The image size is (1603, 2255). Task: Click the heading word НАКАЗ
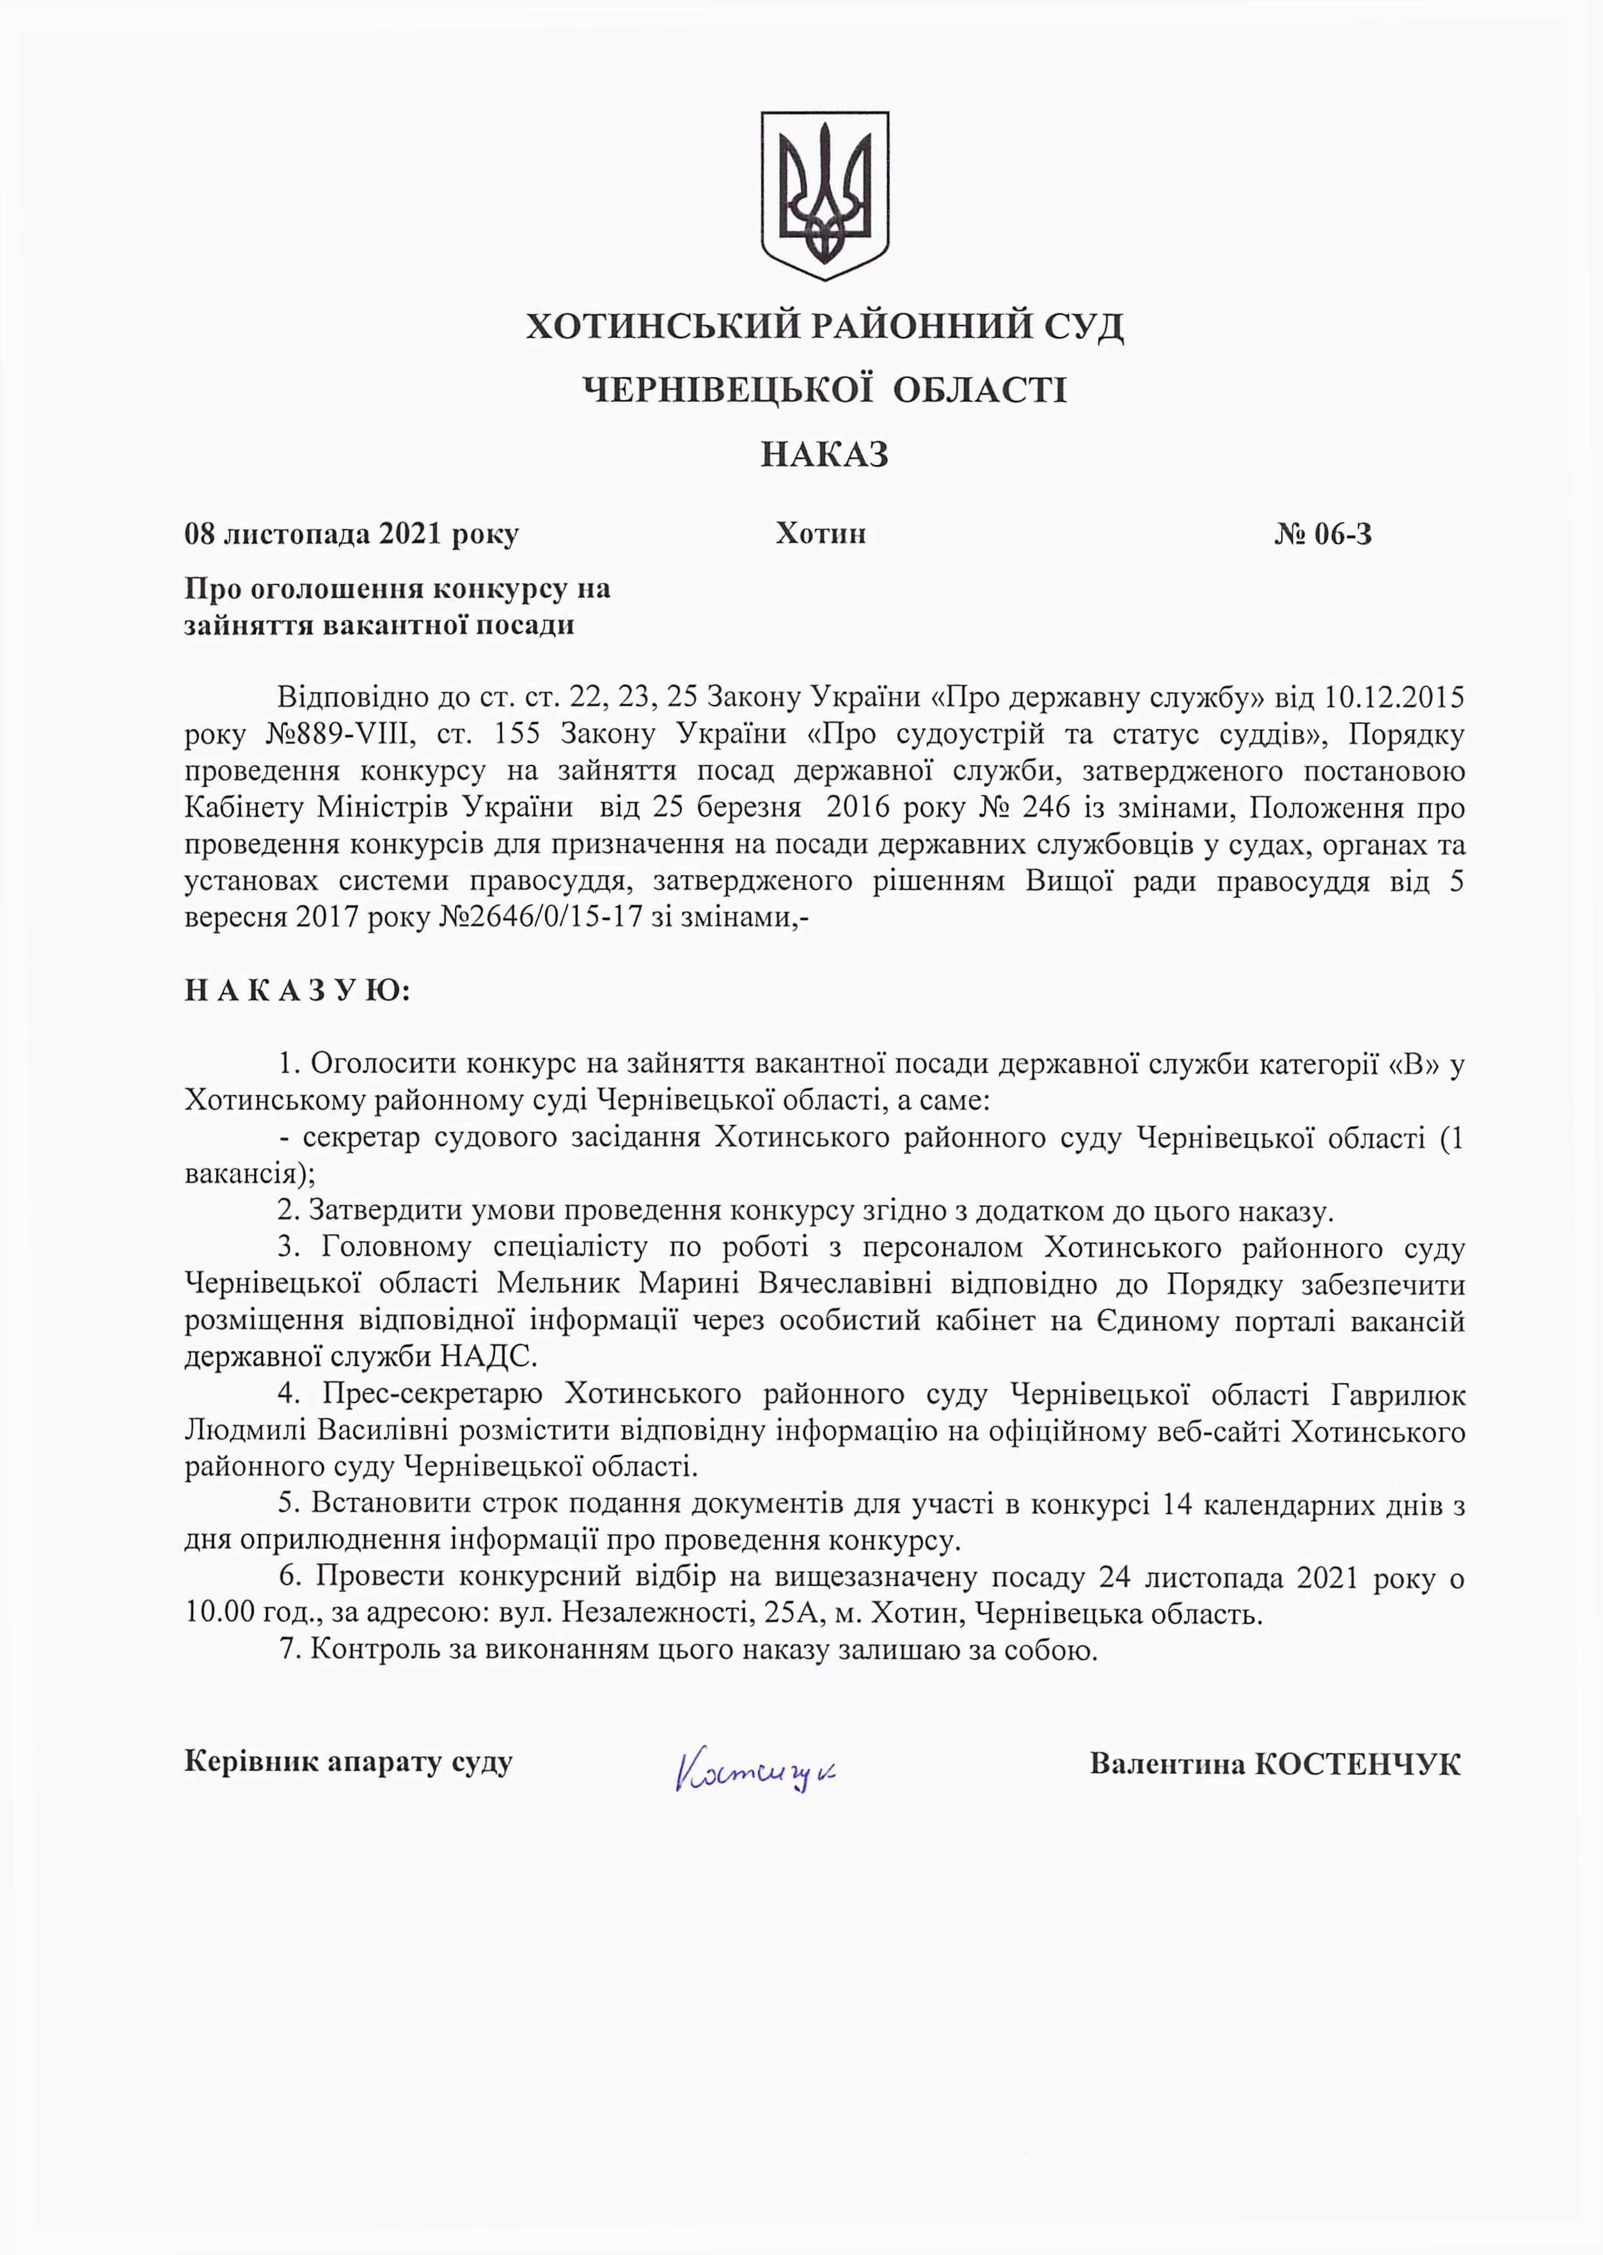tap(824, 454)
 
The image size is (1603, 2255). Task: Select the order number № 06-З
tap(1323, 534)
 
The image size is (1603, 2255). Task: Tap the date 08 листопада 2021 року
tap(351, 534)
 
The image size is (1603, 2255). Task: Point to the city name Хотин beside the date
tap(820, 534)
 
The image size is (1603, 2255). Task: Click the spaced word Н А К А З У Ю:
tap(297, 991)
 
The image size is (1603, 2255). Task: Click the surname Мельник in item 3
tap(558, 1284)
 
